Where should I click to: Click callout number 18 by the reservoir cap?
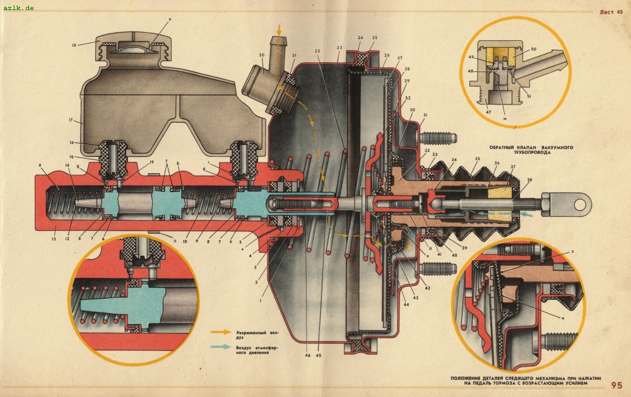[74, 45]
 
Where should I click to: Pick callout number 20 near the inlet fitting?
[261, 55]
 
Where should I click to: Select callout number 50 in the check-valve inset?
[533, 49]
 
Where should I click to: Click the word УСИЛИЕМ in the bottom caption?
[582, 383]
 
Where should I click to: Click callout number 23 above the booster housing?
[339, 47]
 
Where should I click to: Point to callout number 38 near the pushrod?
[529, 180]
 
